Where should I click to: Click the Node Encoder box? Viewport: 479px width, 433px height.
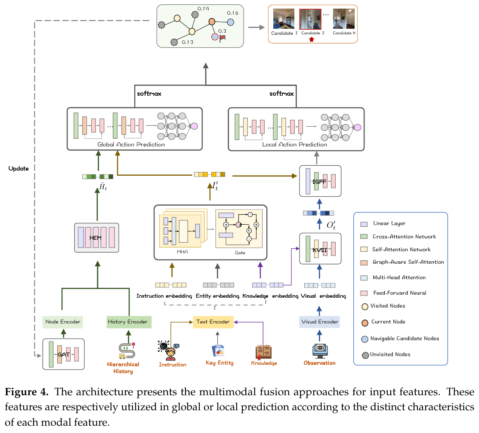tap(63, 322)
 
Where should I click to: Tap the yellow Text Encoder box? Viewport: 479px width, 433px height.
tap(213, 322)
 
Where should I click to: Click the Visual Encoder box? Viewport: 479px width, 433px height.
tap(319, 322)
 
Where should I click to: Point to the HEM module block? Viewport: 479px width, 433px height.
tap(96, 238)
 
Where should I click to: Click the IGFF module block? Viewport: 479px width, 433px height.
tap(320, 181)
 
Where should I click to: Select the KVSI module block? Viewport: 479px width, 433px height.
tap(320, 249)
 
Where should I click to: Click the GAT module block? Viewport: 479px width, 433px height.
tap(64, 354)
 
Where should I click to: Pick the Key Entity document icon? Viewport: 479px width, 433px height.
tap(218, 351)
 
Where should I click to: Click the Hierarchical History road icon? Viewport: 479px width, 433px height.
tap(127, 351)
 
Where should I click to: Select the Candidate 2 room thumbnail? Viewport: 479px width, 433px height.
tap(310, 19)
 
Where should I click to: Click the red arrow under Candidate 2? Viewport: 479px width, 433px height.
tap(311, 40)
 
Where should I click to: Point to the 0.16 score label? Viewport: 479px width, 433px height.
tap(232, 13)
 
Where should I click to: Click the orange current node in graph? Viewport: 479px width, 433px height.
tap(212, 21)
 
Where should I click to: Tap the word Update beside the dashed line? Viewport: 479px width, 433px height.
tap(19, 169)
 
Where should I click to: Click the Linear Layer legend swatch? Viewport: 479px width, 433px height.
tap(364, 224)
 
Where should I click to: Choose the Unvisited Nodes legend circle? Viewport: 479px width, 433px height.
tap(365, 355)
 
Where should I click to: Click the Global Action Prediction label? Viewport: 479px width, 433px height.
tap(131, 144)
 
